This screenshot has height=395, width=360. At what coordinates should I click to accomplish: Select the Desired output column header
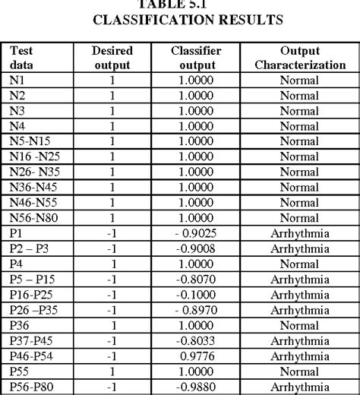tap(112, 58)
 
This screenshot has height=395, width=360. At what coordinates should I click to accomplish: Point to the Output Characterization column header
tap(299, 58)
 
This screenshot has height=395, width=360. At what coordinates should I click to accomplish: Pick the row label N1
tap(17, 80)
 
